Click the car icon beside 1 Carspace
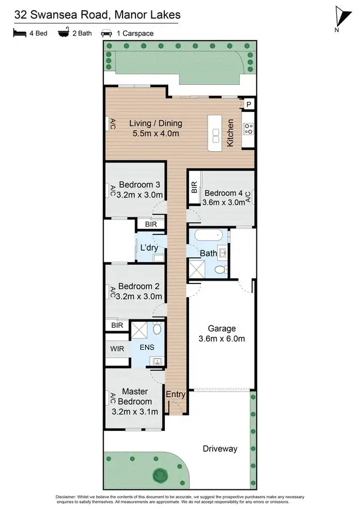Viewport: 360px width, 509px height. point(106,33)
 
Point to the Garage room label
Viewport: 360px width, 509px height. point(222,328)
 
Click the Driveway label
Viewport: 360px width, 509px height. point(220,449)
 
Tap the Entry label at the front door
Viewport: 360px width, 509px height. point(175,395)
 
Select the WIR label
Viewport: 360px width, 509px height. point(117,349)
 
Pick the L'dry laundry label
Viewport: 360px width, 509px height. point(148,247)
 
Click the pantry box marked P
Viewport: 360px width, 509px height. point(248,105)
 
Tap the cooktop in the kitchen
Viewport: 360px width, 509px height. point(248,129)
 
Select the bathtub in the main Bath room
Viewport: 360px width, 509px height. point(206,236)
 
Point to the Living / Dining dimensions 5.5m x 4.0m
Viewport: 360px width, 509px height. point(156,133)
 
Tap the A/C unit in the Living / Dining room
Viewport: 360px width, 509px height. point(112,123)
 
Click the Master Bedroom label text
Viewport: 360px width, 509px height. point(135,397)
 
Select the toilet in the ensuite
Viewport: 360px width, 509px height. point(157,327)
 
